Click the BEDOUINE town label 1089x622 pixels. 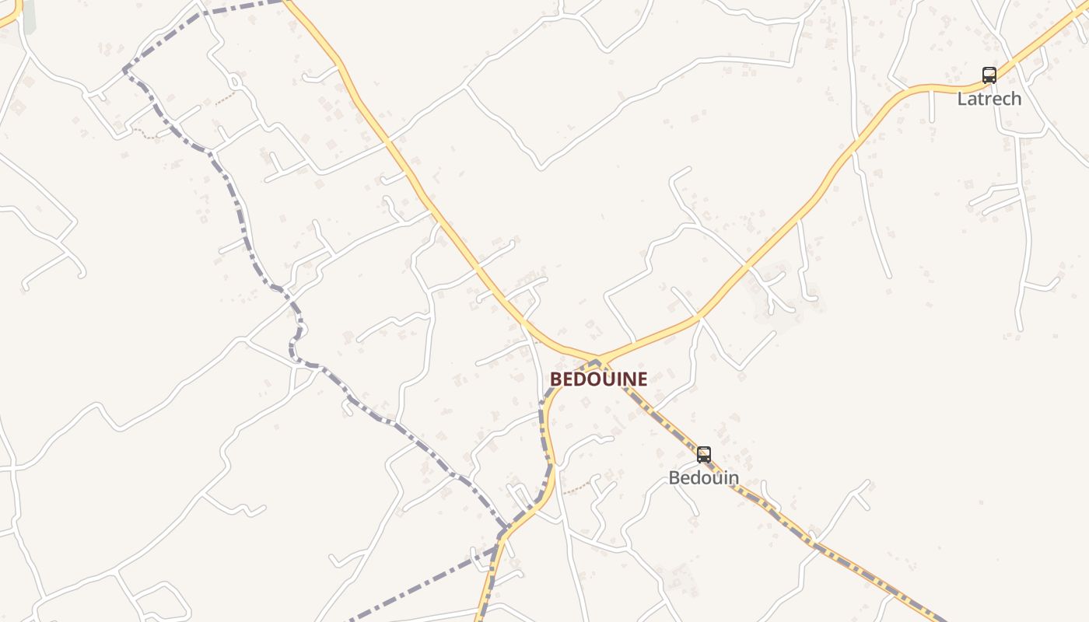[x=598, y=379]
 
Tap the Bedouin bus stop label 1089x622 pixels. [x=703, y=477]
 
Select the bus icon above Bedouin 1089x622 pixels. [x=704, y=455]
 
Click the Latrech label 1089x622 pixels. [x=989, y=99]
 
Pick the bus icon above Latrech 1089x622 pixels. [x=989, y=75]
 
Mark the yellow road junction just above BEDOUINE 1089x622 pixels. [x=600, y=360]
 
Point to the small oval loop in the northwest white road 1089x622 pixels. [x=235, y=80]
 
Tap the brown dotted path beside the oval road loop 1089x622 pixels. [x=226, y=99]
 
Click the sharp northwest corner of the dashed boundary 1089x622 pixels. [x=125, y=70]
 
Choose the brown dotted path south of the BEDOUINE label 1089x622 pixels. [x=577, y=487]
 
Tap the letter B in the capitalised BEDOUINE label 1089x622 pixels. [x=555, y=379]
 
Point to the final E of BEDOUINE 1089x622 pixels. [x=642, y=379]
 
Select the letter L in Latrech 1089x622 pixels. [x=962, y=99]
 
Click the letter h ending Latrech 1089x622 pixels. [x=1016, y=99]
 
